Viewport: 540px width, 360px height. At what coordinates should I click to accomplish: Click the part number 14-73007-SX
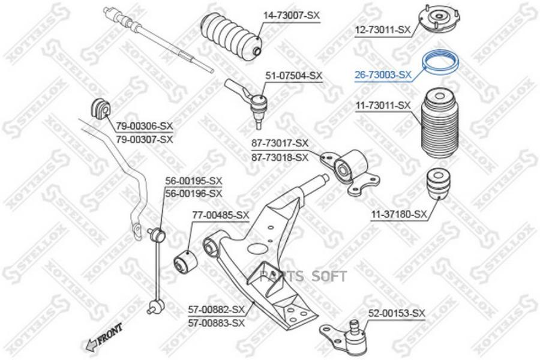point(292,16)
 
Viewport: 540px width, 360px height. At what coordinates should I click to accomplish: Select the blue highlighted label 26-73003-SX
point(383,75)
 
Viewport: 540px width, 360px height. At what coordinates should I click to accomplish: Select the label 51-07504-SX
point(293,76)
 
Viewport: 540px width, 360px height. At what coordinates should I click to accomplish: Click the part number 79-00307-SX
point(144,140)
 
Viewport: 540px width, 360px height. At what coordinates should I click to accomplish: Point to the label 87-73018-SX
point(280,158)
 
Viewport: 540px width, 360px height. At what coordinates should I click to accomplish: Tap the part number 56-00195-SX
point(194,181)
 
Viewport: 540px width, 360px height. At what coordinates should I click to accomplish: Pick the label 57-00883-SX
point(216,323)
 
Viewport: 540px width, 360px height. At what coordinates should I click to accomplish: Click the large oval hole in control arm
point(259,249)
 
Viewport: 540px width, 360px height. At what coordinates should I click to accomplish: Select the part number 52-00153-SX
point(397,313)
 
